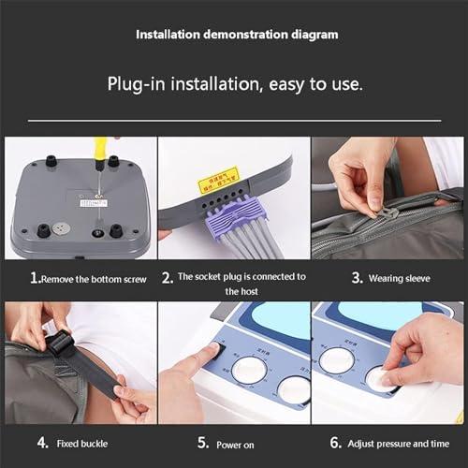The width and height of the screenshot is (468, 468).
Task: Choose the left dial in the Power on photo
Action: coord(249,371)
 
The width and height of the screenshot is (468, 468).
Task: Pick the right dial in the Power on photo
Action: coord(293,389)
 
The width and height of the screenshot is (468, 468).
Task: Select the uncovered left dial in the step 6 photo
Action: coord(336,360)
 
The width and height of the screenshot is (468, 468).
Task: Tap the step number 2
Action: coord(167,278)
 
